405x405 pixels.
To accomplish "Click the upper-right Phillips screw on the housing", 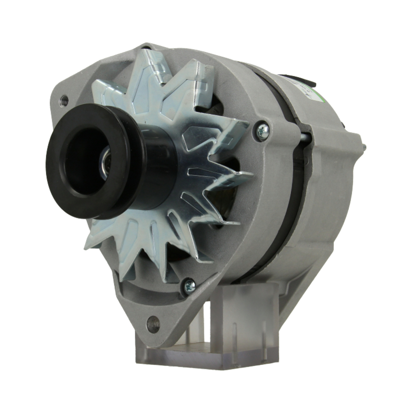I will point(263,131).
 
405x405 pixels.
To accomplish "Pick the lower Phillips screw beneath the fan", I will point(189,286).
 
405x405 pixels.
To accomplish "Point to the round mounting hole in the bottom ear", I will point(153,324).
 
